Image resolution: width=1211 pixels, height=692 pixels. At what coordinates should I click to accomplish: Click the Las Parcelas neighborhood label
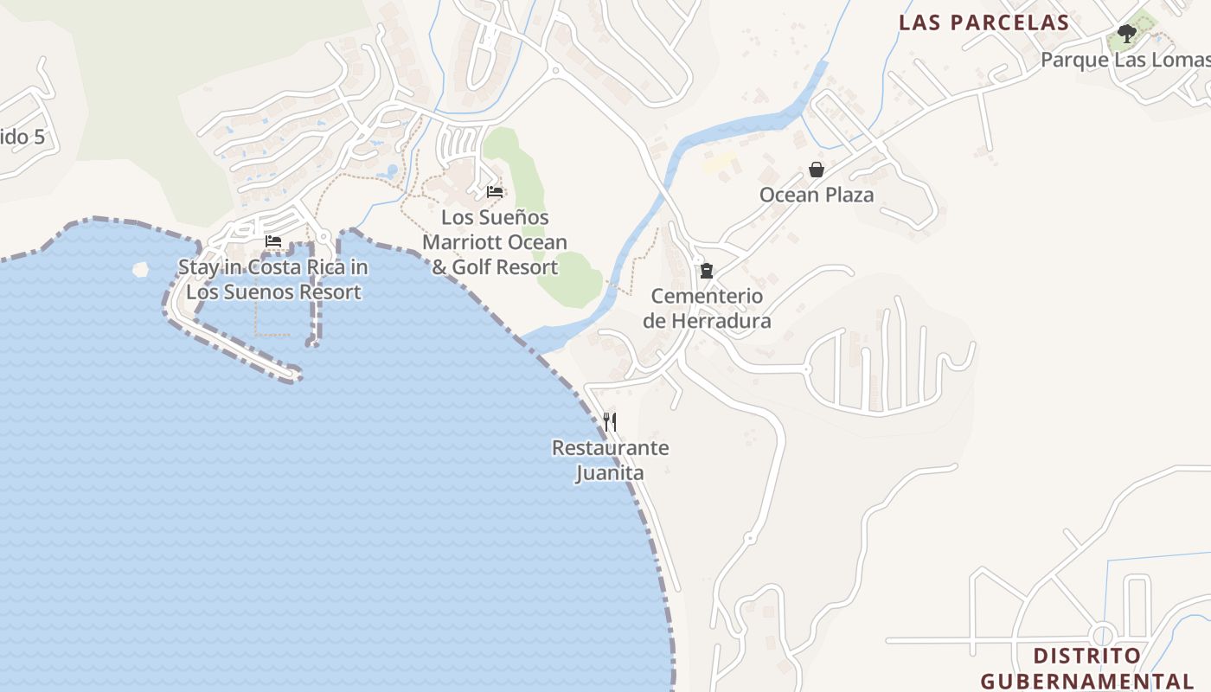point(984,22)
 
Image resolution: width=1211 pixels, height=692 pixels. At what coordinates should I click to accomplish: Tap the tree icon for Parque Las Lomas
point(1126,35)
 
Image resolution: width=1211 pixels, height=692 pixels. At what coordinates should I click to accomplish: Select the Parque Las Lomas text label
point(1124,60)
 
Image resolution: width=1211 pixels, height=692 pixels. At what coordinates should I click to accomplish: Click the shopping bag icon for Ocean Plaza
point(816,170)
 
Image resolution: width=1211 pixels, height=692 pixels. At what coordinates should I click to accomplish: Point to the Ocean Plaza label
point(817,195)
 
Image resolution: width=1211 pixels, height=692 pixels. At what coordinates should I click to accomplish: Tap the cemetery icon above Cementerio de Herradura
point(707,271)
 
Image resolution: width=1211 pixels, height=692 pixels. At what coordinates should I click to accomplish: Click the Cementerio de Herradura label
point(707,309)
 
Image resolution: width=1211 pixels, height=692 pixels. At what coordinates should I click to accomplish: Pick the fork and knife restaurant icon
point(610,422)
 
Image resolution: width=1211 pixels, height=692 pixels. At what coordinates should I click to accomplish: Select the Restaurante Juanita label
point(610,460)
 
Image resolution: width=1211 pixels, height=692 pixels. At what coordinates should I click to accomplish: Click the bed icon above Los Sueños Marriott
point(495,191)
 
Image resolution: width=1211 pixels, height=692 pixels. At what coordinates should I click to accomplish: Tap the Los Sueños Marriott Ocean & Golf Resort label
point(495,242)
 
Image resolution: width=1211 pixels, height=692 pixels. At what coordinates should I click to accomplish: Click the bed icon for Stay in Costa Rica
point(273,241)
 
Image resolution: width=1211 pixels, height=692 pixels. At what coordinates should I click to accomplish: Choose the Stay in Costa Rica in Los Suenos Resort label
point(273,279)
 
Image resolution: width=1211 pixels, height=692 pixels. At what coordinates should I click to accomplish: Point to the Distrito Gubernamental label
point(1087,668)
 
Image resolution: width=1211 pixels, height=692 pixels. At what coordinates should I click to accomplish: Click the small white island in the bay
point(140,269)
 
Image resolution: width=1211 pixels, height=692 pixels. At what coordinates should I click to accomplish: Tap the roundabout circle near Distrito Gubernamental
point(1104,633)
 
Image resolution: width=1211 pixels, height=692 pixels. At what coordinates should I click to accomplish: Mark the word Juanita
point(610,473)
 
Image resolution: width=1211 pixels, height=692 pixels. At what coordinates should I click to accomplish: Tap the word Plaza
point(848,195)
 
